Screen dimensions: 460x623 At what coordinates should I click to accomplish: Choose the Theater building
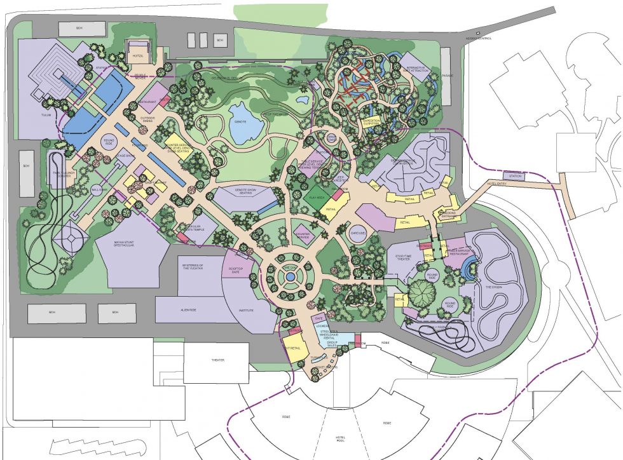[x=217, y=360]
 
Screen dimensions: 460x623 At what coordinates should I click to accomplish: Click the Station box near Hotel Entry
[x=514, y=175]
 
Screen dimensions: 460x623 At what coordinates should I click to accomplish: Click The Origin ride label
[x=493, y=288]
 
